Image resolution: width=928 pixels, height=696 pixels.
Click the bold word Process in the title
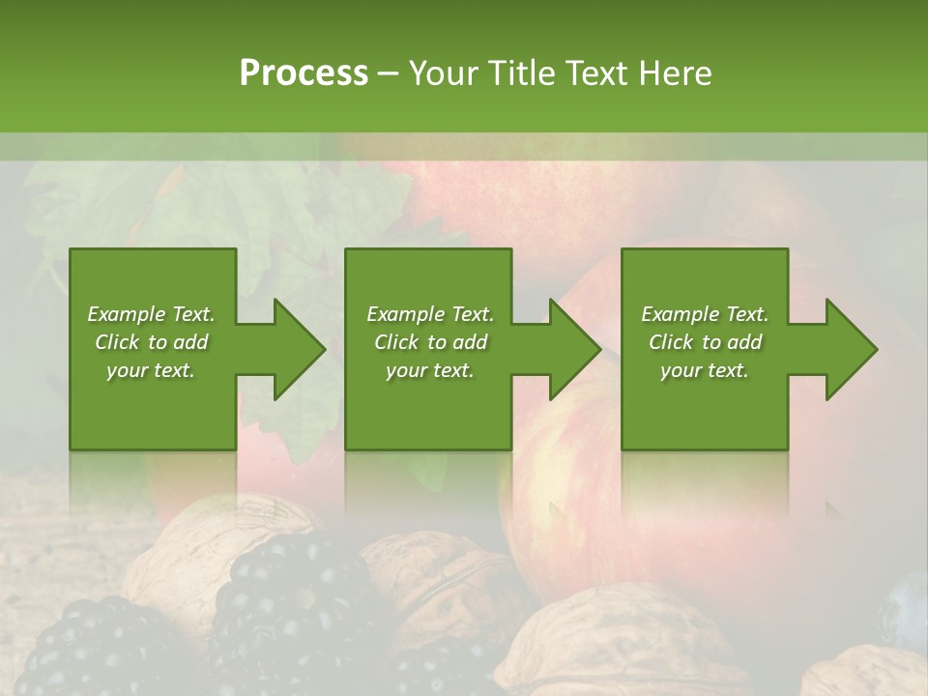(x=304, y=72)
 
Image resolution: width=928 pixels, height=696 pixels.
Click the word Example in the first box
(x=125, y=314)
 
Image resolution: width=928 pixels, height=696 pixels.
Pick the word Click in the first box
(x=117, y=342)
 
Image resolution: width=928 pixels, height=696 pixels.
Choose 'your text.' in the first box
(x=151, y=370)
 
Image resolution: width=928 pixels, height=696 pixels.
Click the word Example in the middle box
(x=404, y=314)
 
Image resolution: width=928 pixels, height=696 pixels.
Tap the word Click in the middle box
(x=396, y=342)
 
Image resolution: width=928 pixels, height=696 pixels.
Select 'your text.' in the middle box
(x=429, y=370)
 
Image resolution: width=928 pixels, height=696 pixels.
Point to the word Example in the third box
(x=679, y=314)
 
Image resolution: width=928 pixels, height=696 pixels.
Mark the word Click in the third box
(x=671, y=342)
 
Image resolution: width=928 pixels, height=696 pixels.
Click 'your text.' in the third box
(x=705, y=370)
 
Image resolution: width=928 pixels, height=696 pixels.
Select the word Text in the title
(x=597, y=72)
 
